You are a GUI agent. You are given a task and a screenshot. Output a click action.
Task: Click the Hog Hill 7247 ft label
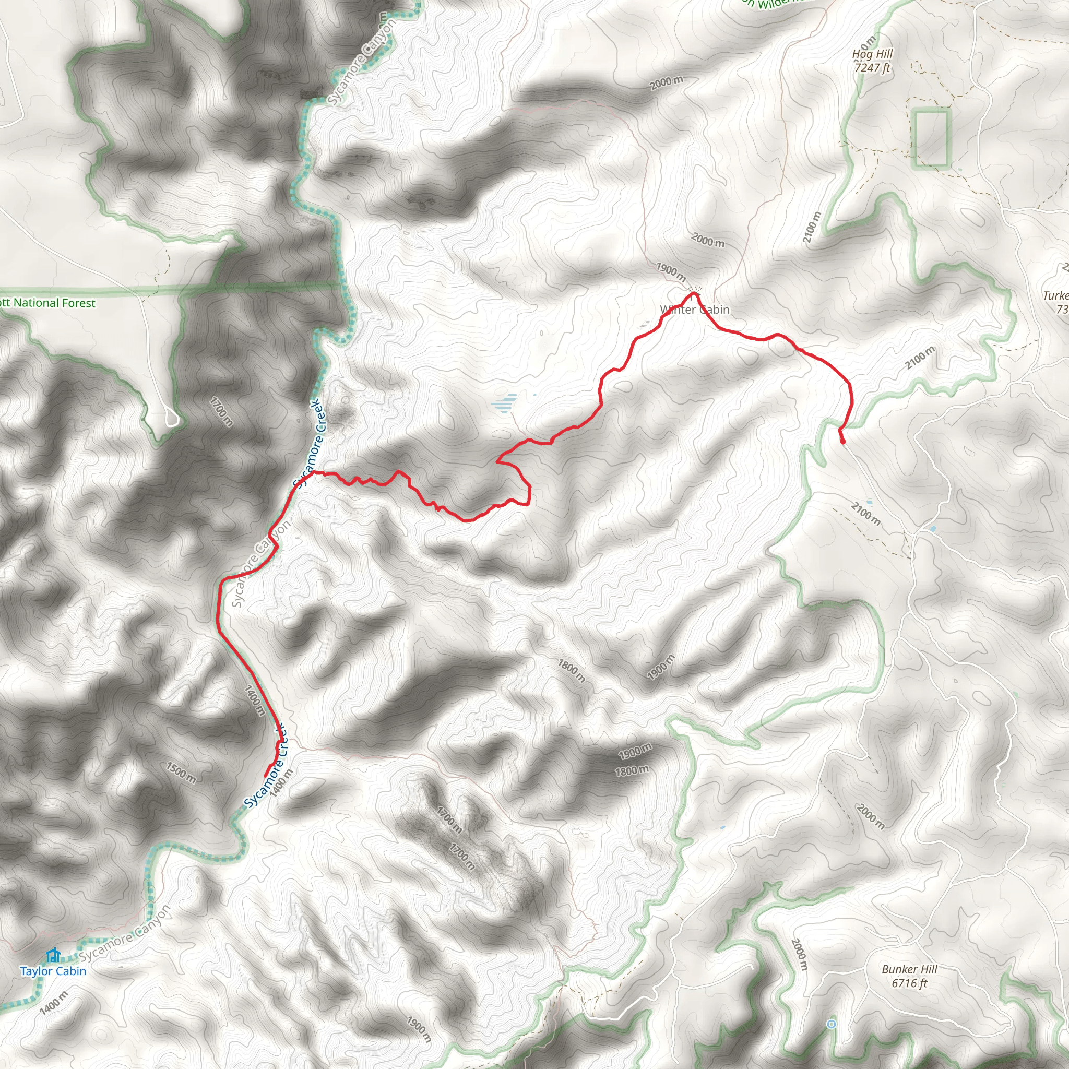click(x=873, y=61)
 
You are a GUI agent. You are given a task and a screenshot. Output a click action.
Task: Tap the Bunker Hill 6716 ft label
click(x=909, y=976)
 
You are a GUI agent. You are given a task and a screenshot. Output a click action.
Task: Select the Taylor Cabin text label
click(x=53, y=971)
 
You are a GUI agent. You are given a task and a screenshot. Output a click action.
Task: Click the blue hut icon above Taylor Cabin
click(x=53, y=955)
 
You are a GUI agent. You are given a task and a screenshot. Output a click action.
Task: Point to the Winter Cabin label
click(x=694, y=310)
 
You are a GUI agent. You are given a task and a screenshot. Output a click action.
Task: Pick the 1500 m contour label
click(x=181, y=773)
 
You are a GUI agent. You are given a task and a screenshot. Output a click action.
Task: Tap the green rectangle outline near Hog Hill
click(x=931, y=138)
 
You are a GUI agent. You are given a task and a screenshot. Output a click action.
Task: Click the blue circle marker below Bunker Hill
click(x=831, y=1024)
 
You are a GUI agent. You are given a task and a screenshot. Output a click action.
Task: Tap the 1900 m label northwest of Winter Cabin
click(x=671, y=271)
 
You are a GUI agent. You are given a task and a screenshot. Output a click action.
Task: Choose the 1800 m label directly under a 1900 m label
click(x=632, y=770)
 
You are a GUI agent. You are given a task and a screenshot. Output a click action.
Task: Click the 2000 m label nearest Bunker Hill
click(x=799, y=955)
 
